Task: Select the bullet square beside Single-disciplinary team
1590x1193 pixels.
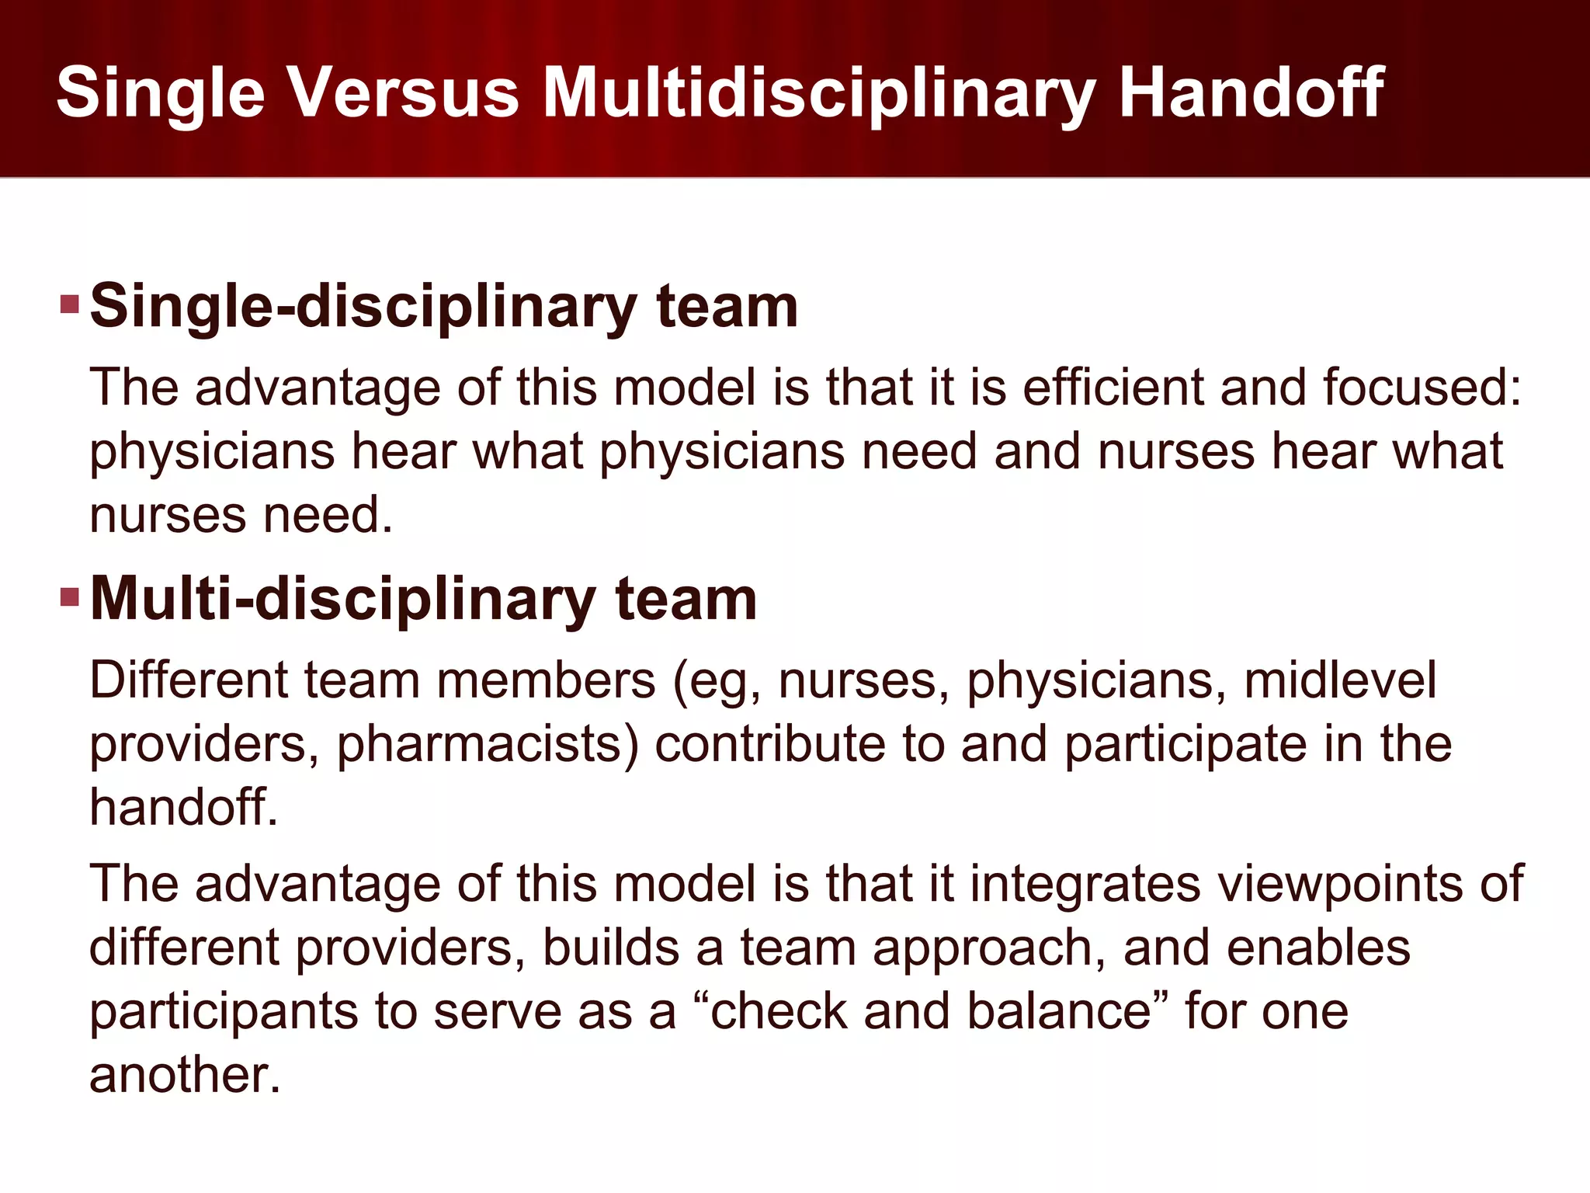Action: (70, 304)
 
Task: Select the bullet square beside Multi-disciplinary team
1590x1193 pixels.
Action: (70, 596)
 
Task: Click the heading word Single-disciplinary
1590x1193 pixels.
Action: (363, 306)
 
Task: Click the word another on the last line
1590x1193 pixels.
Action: (184, 1075)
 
